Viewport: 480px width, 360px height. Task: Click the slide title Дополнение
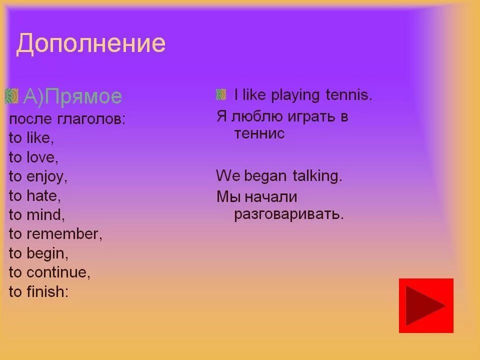[x=91, y=44]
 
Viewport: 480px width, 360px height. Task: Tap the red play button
[x=426, y=305]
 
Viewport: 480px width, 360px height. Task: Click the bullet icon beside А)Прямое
[x=11, y=96]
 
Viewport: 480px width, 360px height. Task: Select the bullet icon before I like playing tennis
[x=221, y=94]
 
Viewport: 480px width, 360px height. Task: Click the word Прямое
[x=85, y=96]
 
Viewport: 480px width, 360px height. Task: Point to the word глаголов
[x=91, y=119]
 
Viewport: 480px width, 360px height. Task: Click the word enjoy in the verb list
[x=47, y=176]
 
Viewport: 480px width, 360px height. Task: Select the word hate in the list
[x=43, y=196]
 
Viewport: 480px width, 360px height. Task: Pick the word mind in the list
[x=45, y=215]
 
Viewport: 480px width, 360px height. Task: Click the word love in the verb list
[x=42, y=157]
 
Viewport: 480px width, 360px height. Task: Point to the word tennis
[x=349, y=95]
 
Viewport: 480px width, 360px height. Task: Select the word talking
[x=317, y=176]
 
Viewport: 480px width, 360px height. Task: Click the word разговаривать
[x=289, y=214]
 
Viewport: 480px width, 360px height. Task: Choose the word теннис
[x=259, y=134]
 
